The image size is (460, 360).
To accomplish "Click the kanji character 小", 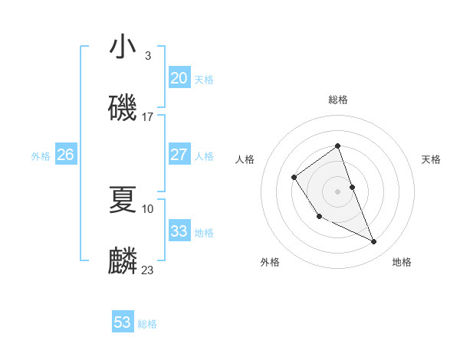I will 123,48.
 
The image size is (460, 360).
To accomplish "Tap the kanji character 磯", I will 123,107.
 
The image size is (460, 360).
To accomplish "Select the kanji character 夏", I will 123,199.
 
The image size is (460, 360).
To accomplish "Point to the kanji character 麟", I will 123,260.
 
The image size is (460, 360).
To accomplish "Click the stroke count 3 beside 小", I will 147,56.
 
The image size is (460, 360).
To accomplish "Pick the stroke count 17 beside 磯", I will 147,116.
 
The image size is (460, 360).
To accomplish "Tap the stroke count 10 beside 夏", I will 147,208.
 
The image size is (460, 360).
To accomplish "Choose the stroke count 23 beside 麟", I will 147,270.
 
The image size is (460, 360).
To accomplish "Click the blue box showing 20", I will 179,78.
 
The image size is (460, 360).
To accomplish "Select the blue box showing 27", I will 179,155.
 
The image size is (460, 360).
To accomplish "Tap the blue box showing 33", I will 179,231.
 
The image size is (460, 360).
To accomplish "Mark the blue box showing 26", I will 65,155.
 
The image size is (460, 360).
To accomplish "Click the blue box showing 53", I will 122,322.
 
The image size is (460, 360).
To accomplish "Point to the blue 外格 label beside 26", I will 41,156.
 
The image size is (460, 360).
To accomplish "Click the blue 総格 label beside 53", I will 147,324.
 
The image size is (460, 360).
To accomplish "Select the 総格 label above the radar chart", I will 337,100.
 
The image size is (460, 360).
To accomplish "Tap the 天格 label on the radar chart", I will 431,159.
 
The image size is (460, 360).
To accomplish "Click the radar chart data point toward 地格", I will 374,242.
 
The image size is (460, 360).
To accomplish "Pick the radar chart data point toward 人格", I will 294,178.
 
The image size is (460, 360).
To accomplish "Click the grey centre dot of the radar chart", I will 337,191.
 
